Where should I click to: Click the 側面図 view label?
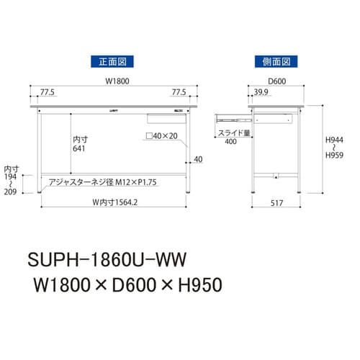coord(276,60)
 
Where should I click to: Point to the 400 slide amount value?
coord(230,143)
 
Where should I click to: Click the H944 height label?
coord(333,144)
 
